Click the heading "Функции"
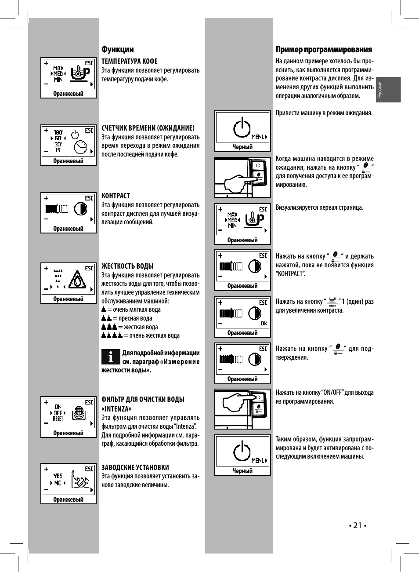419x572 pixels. pyautogui.click(x=117, y=49)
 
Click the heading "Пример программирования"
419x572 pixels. pyautogui.click(x=324, y=49)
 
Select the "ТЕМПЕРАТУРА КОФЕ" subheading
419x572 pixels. pyautogui.click(x=129, y=61)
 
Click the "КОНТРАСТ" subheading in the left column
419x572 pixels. pyautogui.click(x=116, y=196)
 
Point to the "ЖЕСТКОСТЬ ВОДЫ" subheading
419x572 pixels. pyautogui.click(x=127, y=266)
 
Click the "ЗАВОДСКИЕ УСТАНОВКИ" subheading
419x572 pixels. pyautogui.click(x=135, y=467)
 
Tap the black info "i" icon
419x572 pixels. pyautogui.click(x=111, y=357)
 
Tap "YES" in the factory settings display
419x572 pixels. pyautogui.click(x=58, y=475)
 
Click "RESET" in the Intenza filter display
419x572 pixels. pyautogui.click(x=58, y=419)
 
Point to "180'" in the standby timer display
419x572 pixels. pyautogui.click(x=58, y=132)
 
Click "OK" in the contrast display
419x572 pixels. pyautogui.click(x=264, y=324)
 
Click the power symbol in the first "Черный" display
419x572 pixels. pyautogui.click(x=242, y=128)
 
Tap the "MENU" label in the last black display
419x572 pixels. pyautogui.click(x=258, y=461)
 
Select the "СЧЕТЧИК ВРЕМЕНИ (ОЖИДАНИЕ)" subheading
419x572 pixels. pyautogui.click(x=148, y=128)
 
